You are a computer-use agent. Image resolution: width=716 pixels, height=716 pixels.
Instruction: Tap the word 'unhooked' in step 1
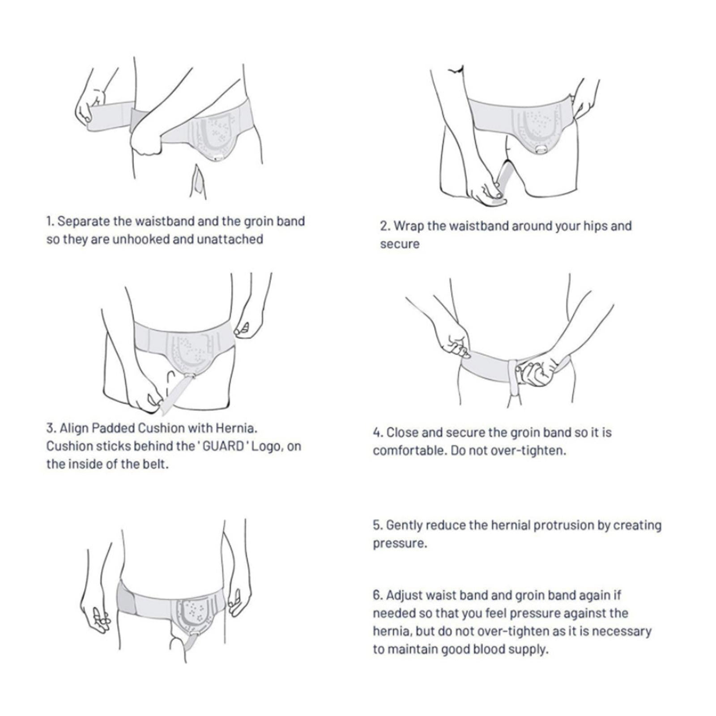141,239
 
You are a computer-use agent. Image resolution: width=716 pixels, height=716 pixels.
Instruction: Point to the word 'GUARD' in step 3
222,446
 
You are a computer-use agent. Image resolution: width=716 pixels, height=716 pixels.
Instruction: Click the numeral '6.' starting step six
378,595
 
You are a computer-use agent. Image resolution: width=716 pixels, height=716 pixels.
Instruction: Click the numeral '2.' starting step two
385,226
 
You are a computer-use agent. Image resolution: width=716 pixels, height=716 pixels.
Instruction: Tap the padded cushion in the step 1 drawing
215,133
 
